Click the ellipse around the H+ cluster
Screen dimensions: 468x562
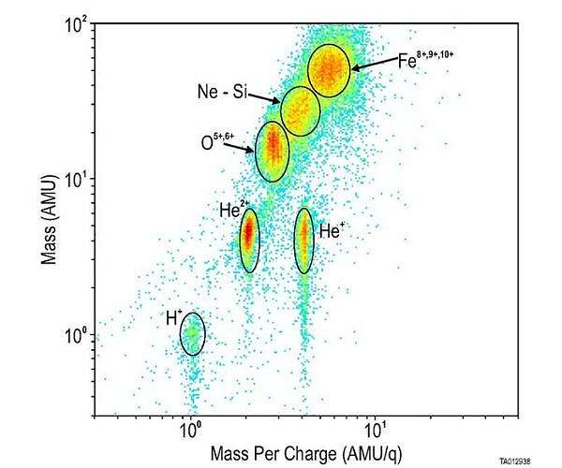coord(192,334)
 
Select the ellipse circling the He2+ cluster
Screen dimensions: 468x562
coord(249,240)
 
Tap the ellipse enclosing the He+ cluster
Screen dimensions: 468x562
coord(303,240)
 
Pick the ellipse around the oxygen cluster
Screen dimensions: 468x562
coord(273,150)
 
